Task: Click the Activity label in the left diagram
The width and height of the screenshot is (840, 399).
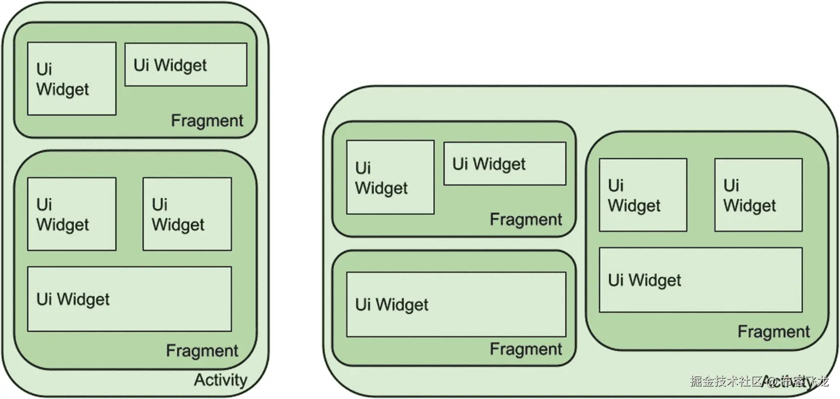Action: pyautogui.click(x=220, y=380)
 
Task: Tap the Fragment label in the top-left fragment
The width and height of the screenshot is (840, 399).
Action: pyautogui.click(x=206, y=120)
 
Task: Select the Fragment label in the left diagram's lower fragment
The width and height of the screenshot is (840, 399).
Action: pyautogui.click(x=202, y=350)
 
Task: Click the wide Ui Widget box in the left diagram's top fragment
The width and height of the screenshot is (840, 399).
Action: pyautogui.click(x=186, y=65)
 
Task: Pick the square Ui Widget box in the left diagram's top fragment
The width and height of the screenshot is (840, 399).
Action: pyautogui.click(x=72, y=78)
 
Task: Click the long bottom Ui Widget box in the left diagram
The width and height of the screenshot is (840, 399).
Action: pyautogui.click(x=129, y=299)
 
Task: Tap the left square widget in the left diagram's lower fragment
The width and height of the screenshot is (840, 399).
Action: pyautogui.click(x=72, y=214)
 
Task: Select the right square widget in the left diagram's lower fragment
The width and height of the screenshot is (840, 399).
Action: pyautogui.click(x=187, y=214)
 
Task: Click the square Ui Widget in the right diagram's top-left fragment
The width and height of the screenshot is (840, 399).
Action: pyautogui.click(x=390, y=177)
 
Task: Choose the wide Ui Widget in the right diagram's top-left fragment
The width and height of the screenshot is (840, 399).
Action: pyautogui.click(x=504, y=164)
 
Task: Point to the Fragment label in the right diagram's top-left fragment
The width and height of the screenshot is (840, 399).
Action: pyautogui.click(x=525, y=219)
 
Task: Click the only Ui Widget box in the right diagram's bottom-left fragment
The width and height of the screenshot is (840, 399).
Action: pyautogui.click(x=456, y=304)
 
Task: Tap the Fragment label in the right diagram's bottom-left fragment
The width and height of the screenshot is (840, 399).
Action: pyautogui.click(x=525, y=349)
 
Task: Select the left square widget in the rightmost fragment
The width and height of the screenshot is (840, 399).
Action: pyautogui.click(x=643, y=195)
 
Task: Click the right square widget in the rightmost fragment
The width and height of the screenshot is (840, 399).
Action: pyautogui.click(x=758, y=195)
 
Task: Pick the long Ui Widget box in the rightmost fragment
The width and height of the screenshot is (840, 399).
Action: pyautogui.click(x=700, y=280)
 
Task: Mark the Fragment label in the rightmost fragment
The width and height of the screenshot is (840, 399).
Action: pyautogui.click(x=773, y=331)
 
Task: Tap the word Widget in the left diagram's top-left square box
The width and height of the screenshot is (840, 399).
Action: pyautogui.click(x=62, y=90)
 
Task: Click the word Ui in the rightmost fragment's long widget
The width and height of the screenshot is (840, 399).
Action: pyautogui.click(x=616, y=280)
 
